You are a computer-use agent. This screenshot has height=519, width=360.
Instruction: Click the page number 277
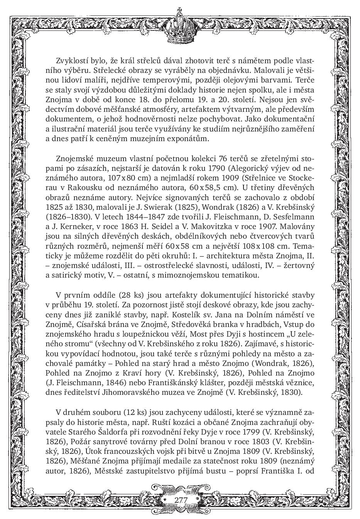point(181,500)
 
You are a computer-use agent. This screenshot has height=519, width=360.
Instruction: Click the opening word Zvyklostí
point(72,61)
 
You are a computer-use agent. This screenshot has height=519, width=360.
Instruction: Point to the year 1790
point(216,169)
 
